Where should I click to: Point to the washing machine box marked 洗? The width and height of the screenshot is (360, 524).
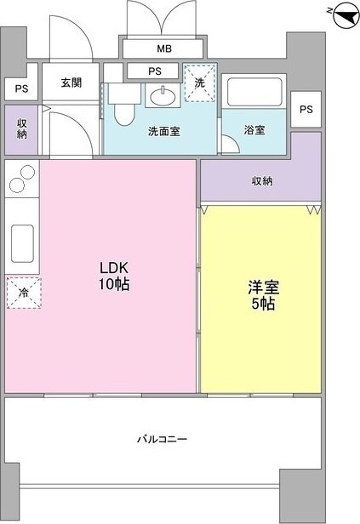(x=199, y=83)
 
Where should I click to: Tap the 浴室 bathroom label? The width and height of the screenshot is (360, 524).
(x=254, y=130)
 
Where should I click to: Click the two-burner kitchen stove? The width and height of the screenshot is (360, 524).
(x=21, y=180)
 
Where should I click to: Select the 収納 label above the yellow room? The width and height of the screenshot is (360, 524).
(x=261, y=180)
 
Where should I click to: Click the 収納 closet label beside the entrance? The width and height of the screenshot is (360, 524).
(x=22, y=129)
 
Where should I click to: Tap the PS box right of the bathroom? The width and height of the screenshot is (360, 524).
(x=306, y=108)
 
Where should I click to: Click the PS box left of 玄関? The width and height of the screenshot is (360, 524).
(x=20, y=87)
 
